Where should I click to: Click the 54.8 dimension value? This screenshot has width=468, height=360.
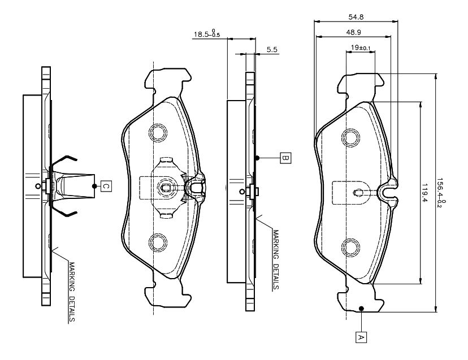[355, 17]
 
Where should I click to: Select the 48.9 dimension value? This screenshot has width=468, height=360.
[354, 33]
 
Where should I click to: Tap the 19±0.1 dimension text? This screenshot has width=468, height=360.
[359, 47]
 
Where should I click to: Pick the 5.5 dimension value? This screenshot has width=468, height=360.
[271, 50]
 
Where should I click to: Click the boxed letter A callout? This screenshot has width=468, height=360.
[359, 337]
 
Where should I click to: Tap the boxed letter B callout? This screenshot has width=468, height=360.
[285, 158]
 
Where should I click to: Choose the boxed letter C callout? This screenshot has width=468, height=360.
[106, 185]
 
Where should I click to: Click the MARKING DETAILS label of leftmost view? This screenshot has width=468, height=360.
[72, 291]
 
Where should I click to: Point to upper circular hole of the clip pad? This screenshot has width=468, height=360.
[158, 132]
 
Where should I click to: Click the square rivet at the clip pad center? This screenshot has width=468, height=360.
[166, 188]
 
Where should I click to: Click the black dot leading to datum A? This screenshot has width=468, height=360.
[361, 309]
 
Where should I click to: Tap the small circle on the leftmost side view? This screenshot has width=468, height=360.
[38, 186]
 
